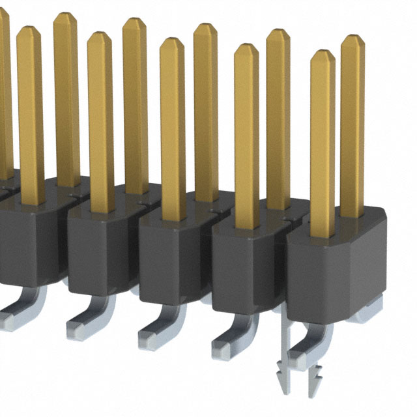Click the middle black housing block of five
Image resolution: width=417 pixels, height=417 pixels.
point(173,257)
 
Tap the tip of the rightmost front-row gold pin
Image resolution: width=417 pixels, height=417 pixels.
point(322,55)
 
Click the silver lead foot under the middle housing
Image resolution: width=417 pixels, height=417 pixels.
point(156,329)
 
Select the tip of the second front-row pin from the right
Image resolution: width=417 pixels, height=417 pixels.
point(246,48)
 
